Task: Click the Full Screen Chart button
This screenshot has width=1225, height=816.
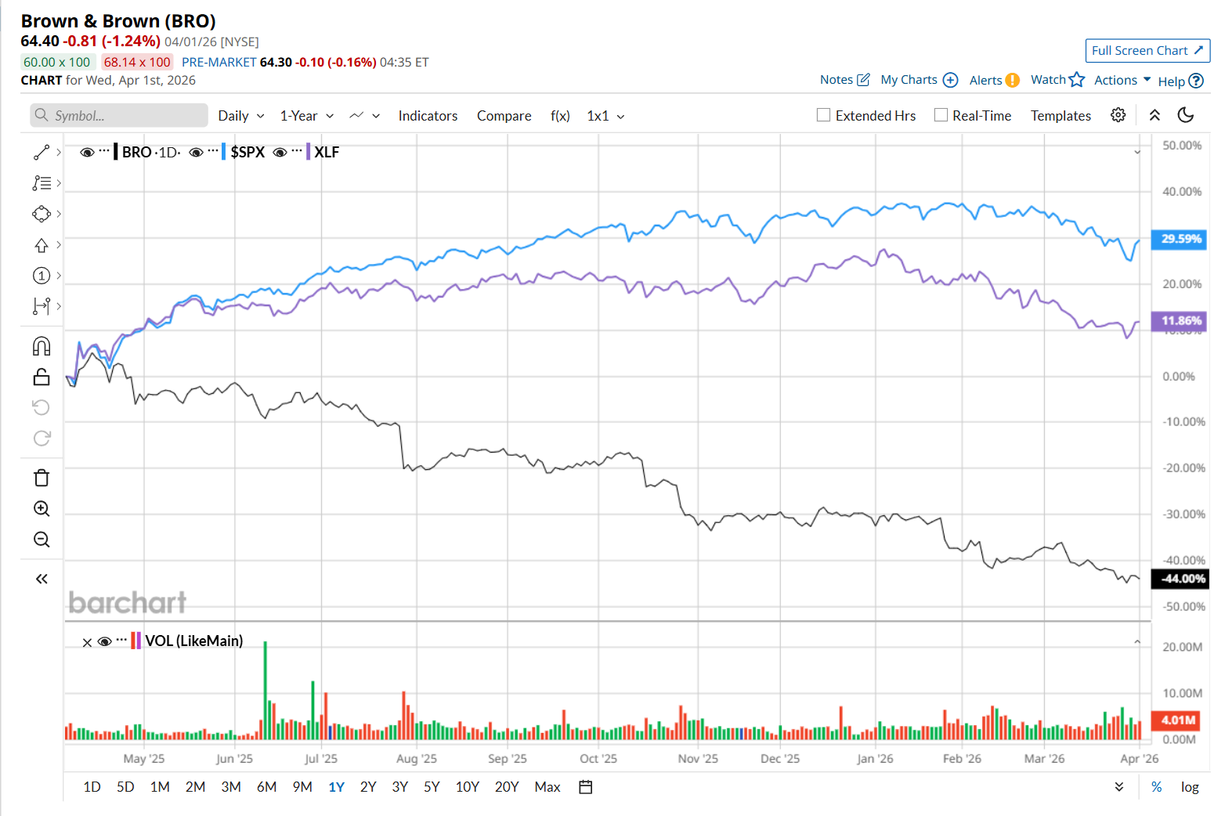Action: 1147,51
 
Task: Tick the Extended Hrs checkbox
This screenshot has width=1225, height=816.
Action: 823,115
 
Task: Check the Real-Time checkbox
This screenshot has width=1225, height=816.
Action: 941,115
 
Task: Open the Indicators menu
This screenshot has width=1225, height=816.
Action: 428,116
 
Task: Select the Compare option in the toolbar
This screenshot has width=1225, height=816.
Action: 504,116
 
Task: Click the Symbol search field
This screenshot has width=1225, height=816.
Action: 125,116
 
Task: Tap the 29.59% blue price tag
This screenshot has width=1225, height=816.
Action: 1180,239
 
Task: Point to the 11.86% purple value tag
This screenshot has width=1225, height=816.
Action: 1180,321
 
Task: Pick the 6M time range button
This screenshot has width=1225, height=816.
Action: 266,787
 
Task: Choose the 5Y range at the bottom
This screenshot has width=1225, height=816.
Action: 432,787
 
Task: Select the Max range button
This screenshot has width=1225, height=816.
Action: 547,787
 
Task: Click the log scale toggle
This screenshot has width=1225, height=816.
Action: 1190,787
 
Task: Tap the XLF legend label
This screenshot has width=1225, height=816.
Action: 327,152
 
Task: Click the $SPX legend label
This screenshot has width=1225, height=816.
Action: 248,152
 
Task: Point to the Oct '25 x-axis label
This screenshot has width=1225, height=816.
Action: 598,758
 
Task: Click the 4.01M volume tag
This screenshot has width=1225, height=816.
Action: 1178,720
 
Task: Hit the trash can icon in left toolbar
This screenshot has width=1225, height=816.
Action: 42,478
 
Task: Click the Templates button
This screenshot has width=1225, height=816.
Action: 1061,116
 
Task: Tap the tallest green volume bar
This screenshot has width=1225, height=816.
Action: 266,689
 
